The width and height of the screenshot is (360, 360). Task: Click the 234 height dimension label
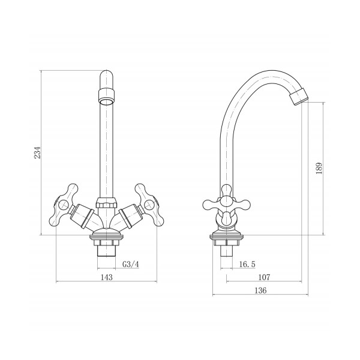(37, 152)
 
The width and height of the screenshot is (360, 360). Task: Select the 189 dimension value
(319, 168)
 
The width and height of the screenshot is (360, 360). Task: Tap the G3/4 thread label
(131, 264)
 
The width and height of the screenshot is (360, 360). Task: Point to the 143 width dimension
(107, 277)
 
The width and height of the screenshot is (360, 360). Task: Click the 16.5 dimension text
(247, 264)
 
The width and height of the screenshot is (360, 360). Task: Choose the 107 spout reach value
(264, 277)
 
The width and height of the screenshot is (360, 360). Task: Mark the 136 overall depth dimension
(260, 290)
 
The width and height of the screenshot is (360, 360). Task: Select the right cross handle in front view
(149, 205)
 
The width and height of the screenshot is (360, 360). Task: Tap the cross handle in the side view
(226, 204)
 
